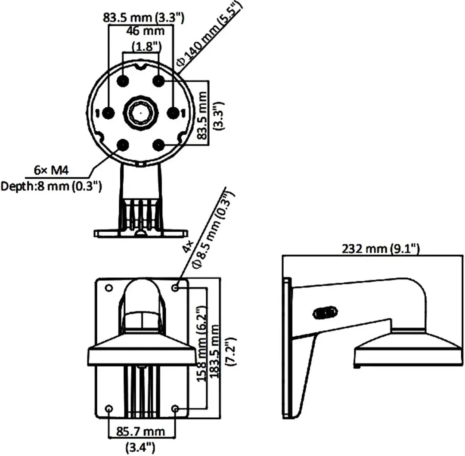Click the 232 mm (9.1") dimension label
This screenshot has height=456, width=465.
click(381, 248)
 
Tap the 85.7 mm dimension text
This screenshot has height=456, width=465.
click(140, 431)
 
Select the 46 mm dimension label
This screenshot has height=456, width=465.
click(146, 31)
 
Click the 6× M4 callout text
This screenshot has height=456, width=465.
click(51, 171)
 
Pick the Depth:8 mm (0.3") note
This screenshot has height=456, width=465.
click(51, 186)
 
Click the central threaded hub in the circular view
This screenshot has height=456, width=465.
click(140, 113)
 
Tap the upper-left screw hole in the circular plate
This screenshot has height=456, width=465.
click(123, 81)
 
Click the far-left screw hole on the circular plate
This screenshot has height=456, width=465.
click(108, 113)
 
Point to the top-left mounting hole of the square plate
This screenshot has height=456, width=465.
click(109, 288)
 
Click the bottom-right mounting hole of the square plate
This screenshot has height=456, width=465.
click(175, 409)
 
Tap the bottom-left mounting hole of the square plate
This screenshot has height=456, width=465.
click(109, 409)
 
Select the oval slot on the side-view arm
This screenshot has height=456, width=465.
click(325, 313)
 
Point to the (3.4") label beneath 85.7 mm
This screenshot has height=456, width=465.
click(140, 447)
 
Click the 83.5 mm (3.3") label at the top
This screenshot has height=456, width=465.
click(143, 18)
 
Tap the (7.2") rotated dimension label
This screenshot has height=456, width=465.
click(231, 352)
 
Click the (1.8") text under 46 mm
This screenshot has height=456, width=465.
click(146, 46)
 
